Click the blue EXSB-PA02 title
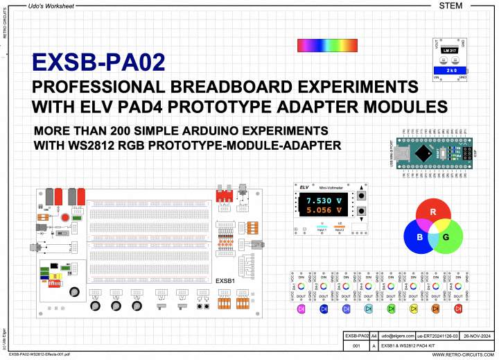pos(99,63)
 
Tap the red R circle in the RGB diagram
pos(432,211)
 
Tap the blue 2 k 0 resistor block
pos(451,71)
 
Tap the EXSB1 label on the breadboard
pos(226,281)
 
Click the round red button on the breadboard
pos(66,218)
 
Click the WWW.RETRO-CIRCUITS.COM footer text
pos(463,354)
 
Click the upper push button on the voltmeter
pos(361,197)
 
